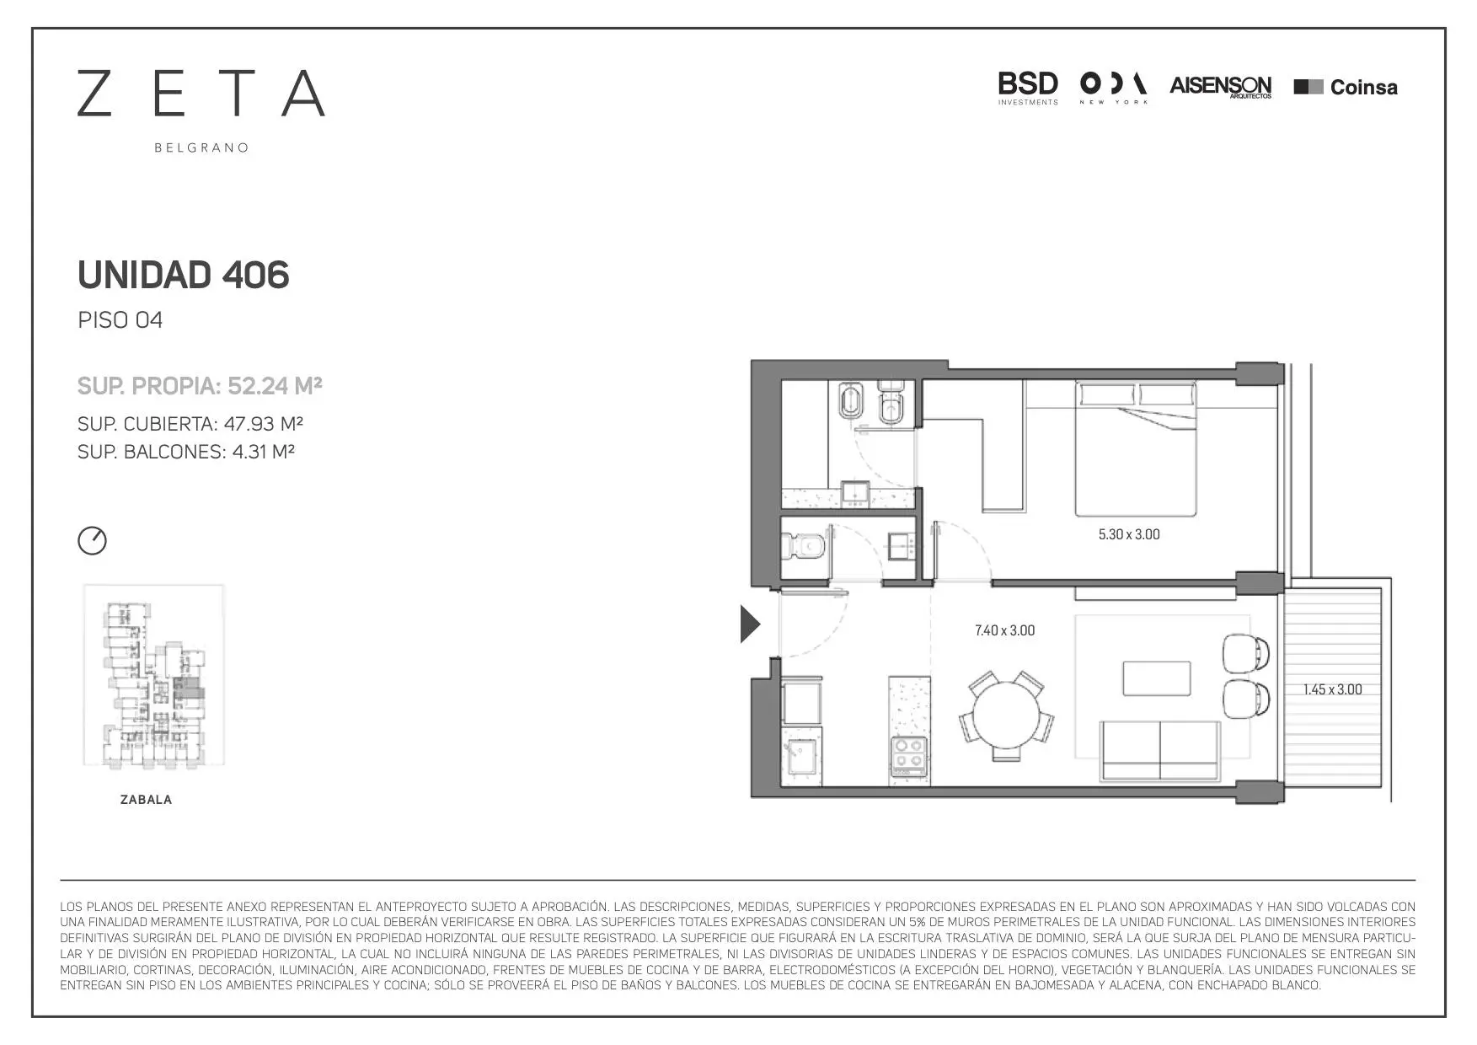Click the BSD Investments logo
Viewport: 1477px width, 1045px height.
coord(1028,88)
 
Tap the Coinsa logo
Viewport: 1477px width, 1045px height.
coord(1346,87)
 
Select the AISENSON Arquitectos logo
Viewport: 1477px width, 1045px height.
coord(1221,87)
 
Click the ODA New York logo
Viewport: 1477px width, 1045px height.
coord(1113,88)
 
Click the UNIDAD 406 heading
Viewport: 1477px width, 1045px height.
coord(183,275)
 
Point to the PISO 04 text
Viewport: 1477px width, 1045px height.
coord(120,320)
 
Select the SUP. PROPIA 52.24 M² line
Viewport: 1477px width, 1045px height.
coord(200,386)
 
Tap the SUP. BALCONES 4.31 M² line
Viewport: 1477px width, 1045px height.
coord(186,452)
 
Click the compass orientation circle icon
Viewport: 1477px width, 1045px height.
coord(93,540)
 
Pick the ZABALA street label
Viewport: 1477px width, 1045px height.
coord(147,800)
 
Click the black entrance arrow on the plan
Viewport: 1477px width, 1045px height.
coord(750,624)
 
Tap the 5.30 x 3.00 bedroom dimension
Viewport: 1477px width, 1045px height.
coord(1129,534)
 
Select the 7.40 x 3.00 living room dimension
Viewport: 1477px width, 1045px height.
coord(1004,630)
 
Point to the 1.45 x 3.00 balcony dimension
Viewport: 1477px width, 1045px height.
coord(1332,689)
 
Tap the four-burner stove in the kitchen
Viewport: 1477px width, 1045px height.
coord(909,756)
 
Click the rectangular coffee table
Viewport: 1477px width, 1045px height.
coord(1157,678)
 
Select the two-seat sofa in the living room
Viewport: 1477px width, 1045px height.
coord(1160,750)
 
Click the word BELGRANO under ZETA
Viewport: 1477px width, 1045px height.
coord(201,147)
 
